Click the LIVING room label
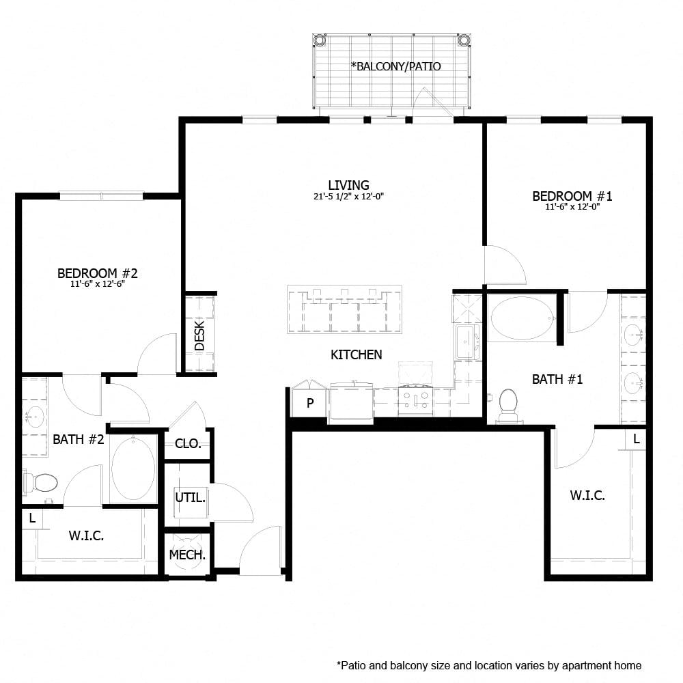tap(348, 185)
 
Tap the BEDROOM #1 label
tap(572, 197)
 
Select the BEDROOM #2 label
tap(98, 274)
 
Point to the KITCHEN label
tap(356, 354)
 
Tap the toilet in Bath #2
tap(42, 482)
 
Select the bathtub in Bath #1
tap(520, 319)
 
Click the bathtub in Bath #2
tap(133, 469)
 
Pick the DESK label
tap(199, 335)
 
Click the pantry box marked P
tap(309, 403)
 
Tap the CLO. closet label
tap(188, 443)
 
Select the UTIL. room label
tap(189, 497)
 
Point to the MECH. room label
tap(187, 555)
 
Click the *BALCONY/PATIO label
tap(395, 66)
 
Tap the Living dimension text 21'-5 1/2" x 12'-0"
tap(349, 197)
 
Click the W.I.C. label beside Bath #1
tap(587, 496)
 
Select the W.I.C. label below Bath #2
tap(86, 536)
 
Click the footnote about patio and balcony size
tap(489, 665)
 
